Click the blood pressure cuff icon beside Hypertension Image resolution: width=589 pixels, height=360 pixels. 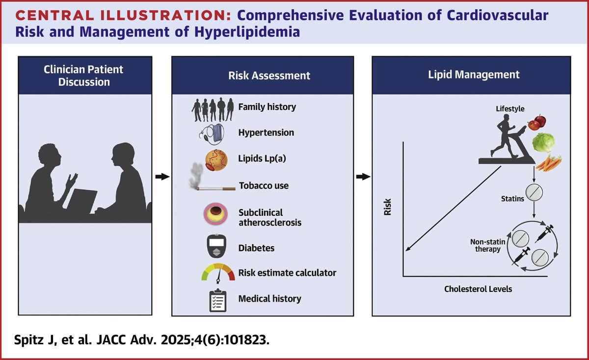tap(212, 134)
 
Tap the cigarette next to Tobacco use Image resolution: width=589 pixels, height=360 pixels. tap(216, 188)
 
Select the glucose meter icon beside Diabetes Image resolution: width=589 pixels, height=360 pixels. tap(216, 246)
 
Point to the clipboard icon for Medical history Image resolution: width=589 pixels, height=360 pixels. tap(218, 300)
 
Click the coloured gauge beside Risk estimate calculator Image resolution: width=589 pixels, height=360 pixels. tap(218, 273)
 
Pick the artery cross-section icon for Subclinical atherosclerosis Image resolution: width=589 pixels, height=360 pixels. tap(215, 214)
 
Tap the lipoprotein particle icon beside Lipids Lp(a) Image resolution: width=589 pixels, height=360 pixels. tap(216, 160)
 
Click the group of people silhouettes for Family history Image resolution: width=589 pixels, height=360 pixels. tap(213, 109)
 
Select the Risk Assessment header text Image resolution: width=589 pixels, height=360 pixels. tap(269, 76)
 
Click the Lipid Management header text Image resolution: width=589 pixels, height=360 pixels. tap(474, 75)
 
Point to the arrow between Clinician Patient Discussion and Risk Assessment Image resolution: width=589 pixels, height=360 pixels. tap(162, 177)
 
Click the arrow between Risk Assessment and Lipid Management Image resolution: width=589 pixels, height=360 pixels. tap(363, 177)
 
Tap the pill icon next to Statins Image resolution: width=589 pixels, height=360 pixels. tap(534, 192)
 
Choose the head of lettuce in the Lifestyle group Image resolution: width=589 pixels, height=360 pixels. tap(543, 142)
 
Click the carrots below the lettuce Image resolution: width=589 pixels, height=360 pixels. tap(549, 163)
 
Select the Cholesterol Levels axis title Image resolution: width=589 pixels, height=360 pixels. tap(478, 289)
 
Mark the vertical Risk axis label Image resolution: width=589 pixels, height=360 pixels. tap(388, 207)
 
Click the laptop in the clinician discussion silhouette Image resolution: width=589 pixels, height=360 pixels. tap(82, 201)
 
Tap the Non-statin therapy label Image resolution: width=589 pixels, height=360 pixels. tap(488, 245)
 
